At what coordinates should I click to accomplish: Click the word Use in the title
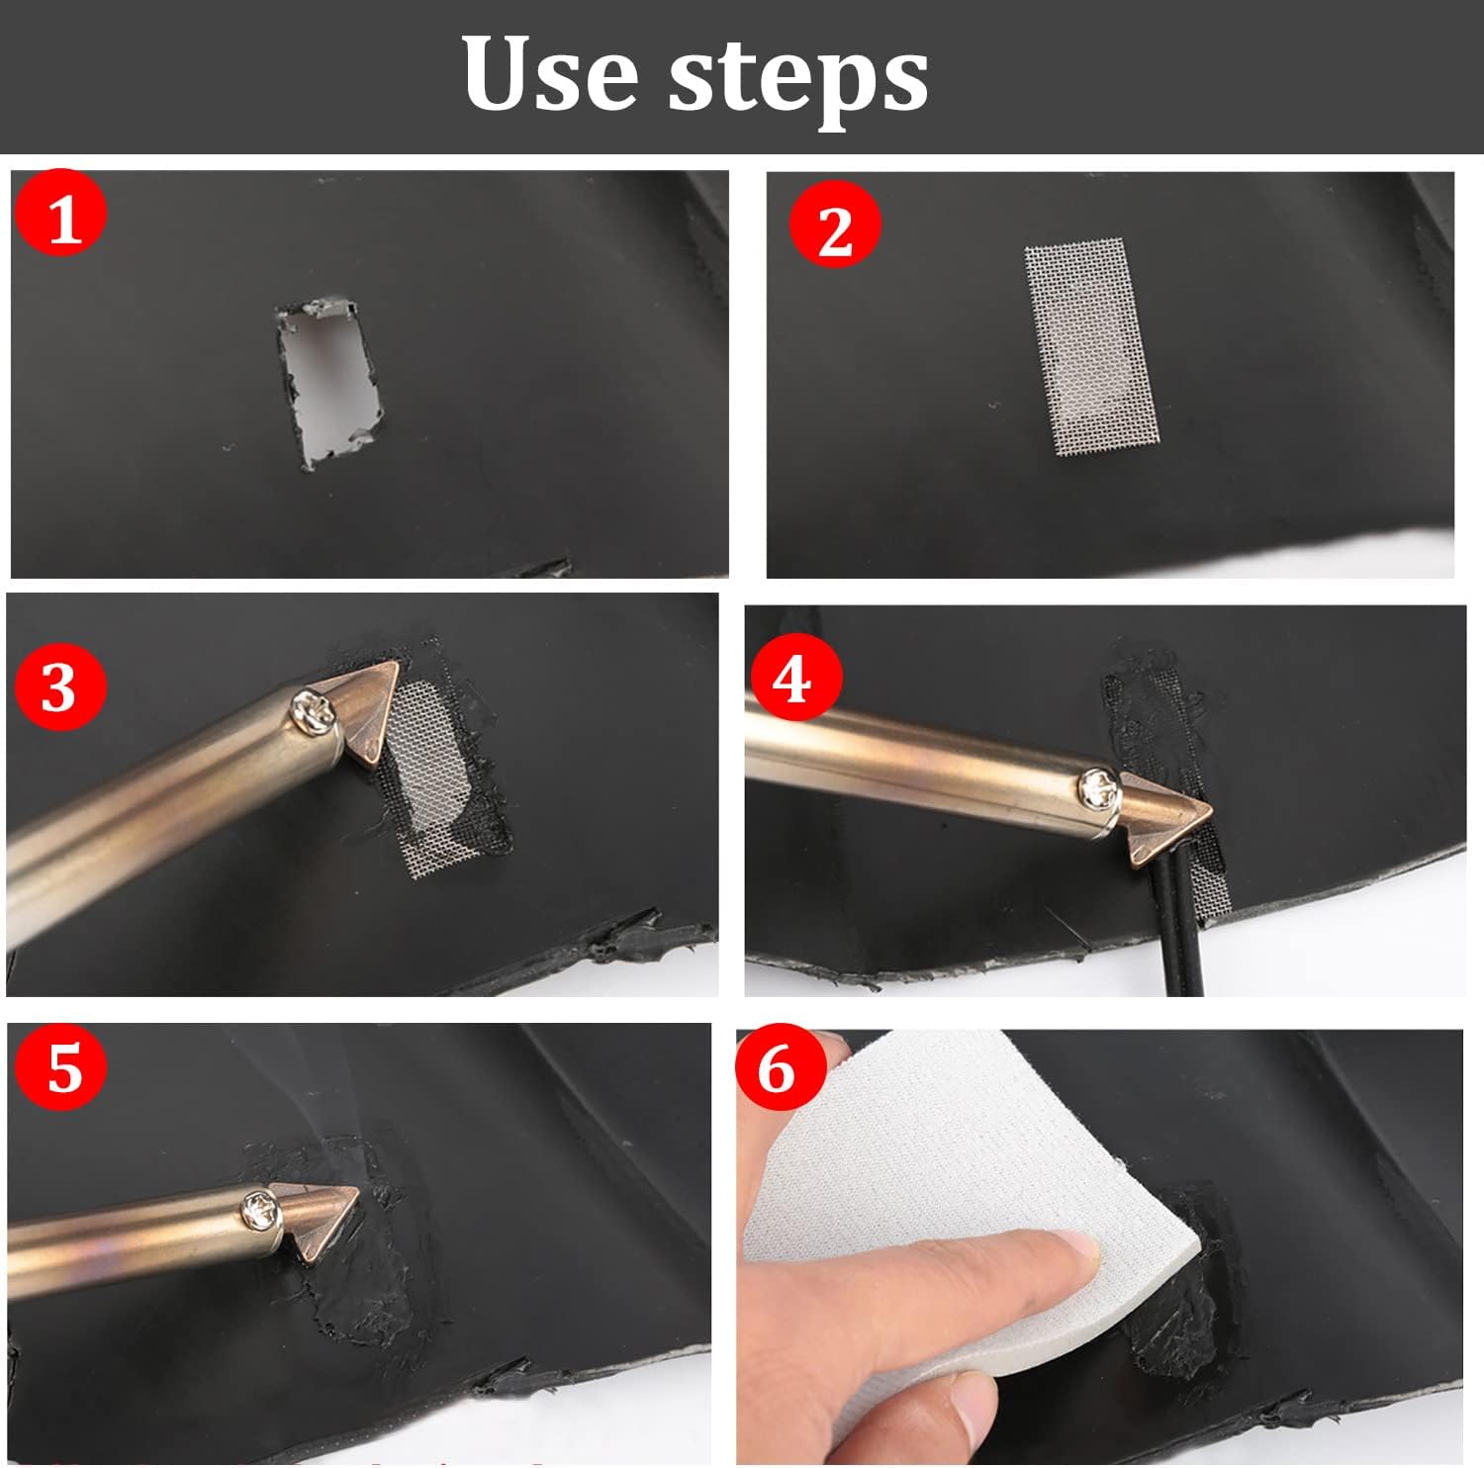(551, 73)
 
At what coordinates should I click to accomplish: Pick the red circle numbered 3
(59, 684)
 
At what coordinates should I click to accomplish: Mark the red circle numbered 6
(779, 1067)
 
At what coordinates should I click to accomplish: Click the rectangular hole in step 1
(327, 381)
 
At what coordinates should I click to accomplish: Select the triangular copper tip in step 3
(367, 712)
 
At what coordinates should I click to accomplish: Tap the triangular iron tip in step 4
(1162, 810)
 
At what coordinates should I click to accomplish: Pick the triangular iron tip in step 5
(317, 1222)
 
